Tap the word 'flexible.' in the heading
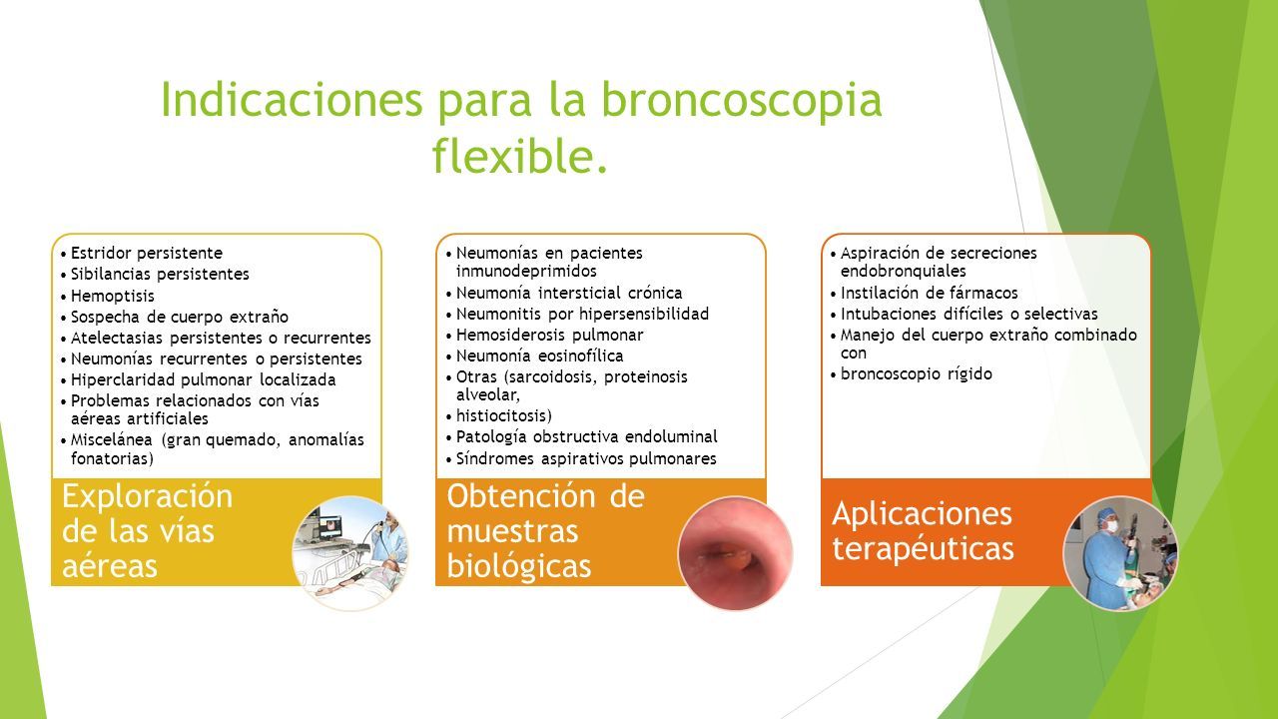coord(519,155)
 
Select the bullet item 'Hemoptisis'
coord(113,297)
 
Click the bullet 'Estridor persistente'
coord(147,253)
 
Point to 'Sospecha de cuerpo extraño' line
coord(180,318)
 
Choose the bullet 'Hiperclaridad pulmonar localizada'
coord(203,380)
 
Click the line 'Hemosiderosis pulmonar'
coord(549,335)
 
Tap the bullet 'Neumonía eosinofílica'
coord(540,357)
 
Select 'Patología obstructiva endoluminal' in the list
coord(586,437)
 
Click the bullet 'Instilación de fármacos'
coord(929,294)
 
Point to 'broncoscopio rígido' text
coord(917,374)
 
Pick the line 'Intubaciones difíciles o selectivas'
coord(968,315)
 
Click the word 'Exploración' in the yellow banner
coord(147,496)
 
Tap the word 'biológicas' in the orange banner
coord(518,566)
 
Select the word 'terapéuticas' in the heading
coord(923,549)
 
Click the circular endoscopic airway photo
coord(735,553)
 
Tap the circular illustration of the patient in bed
coord(349,553)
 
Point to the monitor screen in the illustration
coord(330,527)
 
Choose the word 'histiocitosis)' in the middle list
coord(504,416)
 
